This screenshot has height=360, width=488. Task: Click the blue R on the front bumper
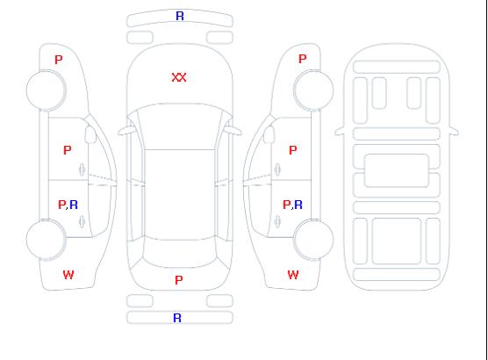point(180,16)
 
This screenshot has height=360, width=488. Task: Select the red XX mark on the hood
point(179,77)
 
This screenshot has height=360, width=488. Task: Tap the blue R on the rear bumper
point(177,318)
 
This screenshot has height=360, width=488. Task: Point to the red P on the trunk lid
point(179,280)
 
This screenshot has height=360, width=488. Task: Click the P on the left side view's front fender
point(59,60)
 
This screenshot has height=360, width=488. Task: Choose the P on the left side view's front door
point(68,150)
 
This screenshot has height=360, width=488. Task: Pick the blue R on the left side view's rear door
point(74,205)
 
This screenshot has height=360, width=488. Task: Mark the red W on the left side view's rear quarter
point(68,275)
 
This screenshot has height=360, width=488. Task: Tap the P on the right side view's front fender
point(303,59)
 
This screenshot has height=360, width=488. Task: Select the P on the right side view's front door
point(293,150)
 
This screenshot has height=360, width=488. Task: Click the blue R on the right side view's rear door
point(298,205)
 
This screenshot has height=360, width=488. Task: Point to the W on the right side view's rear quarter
point(293,275)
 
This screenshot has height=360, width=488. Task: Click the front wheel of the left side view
point(46,90)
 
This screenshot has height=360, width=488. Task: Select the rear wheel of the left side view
point(46,240)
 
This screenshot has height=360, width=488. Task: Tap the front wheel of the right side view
point(313,90)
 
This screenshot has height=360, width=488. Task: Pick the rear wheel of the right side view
point(313,240)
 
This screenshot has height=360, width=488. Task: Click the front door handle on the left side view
point(83,169)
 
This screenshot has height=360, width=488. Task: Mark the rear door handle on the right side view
point(277,222)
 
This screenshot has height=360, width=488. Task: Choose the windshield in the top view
point(180,126)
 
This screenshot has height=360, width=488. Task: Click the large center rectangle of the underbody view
point(397,170)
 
